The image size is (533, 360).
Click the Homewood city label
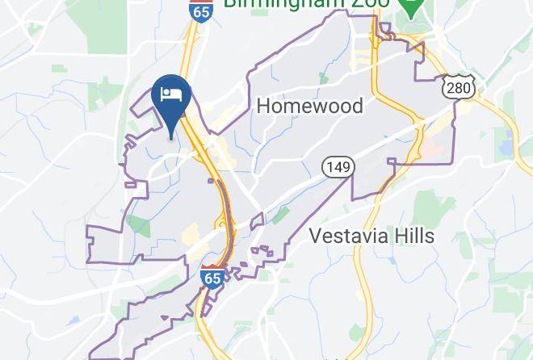pos(309,106)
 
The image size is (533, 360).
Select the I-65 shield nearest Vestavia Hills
pos(212,276)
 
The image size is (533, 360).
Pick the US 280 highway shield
pos(459,86)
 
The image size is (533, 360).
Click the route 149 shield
pos(338,168)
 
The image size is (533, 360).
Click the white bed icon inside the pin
pos(170,95)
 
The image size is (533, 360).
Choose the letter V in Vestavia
pos(317,237)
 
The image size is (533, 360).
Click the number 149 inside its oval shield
pos(338,168)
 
